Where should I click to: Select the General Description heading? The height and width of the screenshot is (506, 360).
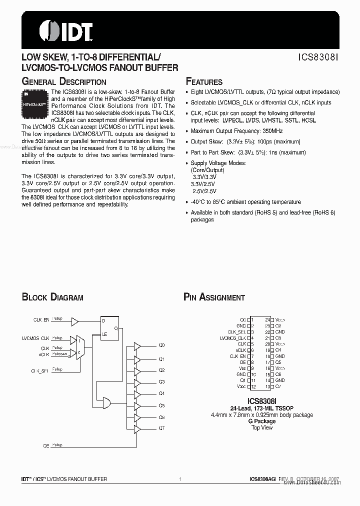[x=63, y=81]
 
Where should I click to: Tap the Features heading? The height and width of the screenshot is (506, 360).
[x=204, y=82]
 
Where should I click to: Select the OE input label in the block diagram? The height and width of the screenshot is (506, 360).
[x=46, y=444]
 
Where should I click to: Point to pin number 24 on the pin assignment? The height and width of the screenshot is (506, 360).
[x=267, y=319]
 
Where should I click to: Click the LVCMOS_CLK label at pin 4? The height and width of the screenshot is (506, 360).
[x=233, y=338]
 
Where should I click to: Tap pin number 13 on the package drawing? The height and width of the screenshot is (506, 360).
[x=267, y=386]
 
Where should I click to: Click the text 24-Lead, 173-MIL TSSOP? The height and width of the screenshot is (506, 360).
[x=262, y=408]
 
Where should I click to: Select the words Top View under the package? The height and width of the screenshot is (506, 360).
[x=262, y=428]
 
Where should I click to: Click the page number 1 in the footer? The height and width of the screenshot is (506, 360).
[x=179, y=479]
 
